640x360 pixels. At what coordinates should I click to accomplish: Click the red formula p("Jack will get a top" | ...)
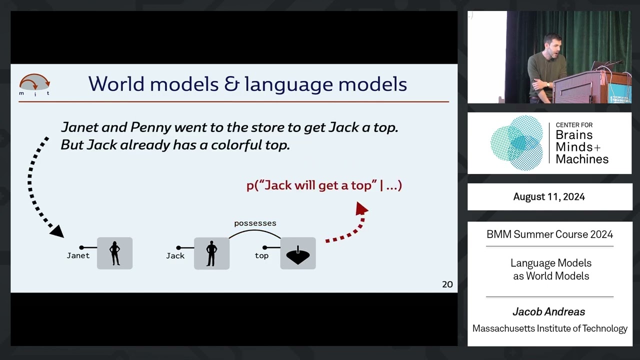(324, 185)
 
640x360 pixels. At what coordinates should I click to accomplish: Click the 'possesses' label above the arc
(255, 223)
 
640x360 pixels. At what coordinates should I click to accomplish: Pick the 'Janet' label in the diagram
(78, 255)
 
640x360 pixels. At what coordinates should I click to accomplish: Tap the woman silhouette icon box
(114, 253)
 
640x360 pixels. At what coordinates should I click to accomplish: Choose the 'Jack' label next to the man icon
(175, 255)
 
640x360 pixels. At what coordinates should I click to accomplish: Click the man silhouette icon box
(211, 253)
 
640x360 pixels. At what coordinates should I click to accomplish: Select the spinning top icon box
(298, 253)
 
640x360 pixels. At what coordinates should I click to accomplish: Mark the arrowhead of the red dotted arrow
(361, 208)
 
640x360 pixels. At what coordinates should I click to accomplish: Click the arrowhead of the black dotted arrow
(57, 231)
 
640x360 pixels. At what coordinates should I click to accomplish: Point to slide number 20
(447, 284)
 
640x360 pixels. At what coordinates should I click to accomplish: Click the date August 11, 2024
(549, 196)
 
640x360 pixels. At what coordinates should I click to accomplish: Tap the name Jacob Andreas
(548, 312)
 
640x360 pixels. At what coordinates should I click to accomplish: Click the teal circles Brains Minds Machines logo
(517, 143)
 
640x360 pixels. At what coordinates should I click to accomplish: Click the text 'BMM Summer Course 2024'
(549, 234)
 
